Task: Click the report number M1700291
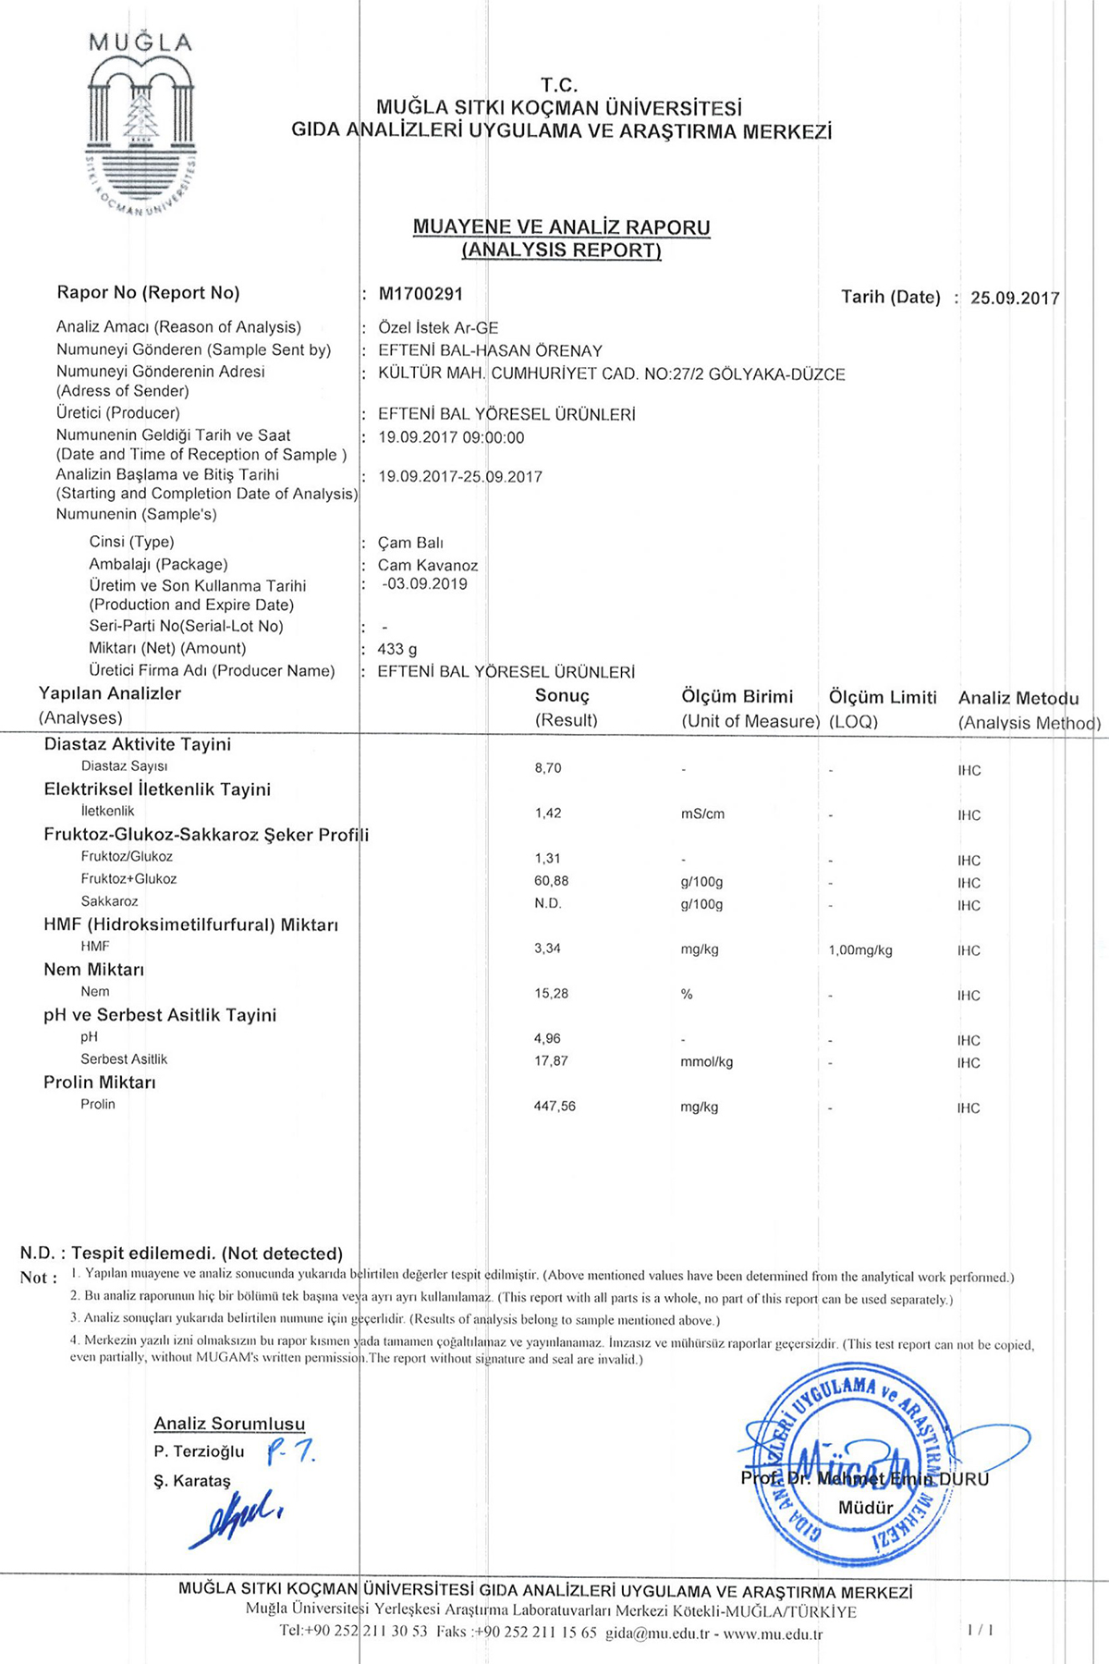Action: (x=420, y=294)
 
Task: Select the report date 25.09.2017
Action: (x=1015, y=298)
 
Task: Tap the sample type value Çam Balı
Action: (x=410, y=543)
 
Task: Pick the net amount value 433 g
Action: (x=397, y=649)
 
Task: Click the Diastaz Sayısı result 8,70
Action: (x=548, y=768)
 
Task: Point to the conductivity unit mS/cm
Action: (x=702, y=814)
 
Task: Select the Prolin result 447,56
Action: (x=554, y=1107)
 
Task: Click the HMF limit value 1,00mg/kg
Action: (x=860, y=950)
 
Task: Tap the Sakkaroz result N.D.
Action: (x=548, y=903)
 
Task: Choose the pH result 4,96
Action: (x=547, y=1039)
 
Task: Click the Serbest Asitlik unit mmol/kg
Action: (x=706, y=1062)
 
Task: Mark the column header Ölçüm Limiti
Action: (x=883, y=697)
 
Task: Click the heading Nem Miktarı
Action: (x=93, y=970)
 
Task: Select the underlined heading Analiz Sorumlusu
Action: (x=229, y=1424)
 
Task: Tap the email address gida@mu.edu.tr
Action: (x=657, y=1633)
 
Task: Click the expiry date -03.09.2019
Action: (x=425, y=584)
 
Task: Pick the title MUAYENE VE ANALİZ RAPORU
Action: (x=561, y=226)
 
